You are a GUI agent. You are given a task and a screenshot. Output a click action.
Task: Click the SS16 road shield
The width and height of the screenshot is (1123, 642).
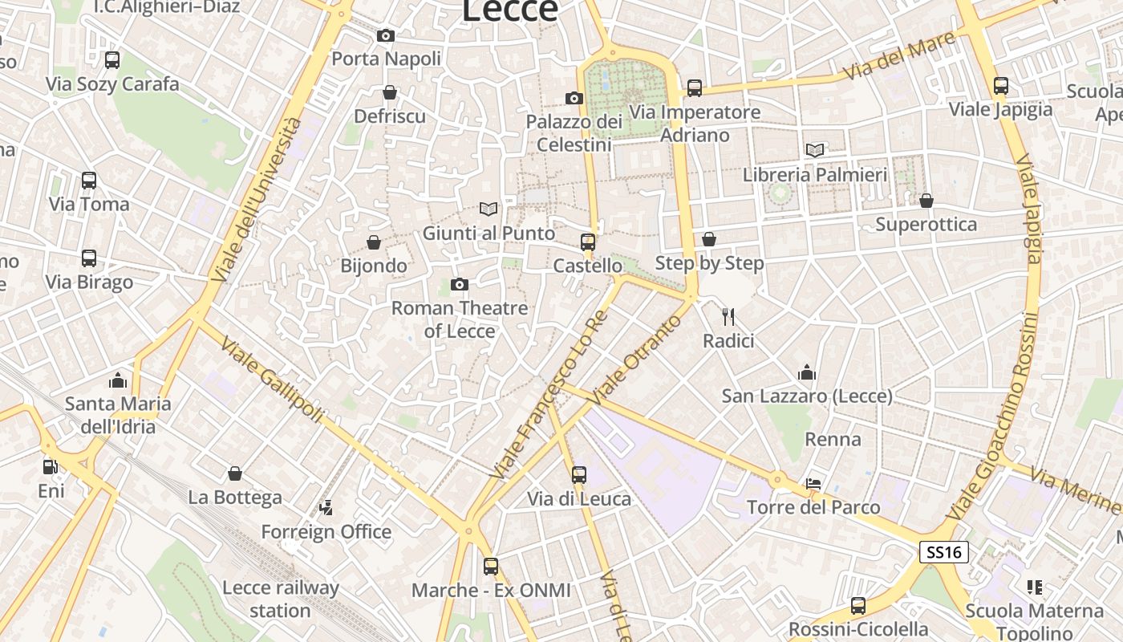pos(943,552)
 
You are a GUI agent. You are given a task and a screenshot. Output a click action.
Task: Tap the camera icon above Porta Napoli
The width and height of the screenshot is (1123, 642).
pos(386,35)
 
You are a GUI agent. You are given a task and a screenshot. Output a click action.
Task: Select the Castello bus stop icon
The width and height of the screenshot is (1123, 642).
pos(588,242)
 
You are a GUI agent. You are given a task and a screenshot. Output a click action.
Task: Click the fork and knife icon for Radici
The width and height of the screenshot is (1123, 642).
pos(728,317)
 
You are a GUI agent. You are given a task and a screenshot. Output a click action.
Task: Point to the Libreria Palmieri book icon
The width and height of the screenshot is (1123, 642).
pos(815,150)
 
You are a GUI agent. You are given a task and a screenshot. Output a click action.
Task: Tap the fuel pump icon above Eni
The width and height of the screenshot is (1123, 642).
pos(50,466)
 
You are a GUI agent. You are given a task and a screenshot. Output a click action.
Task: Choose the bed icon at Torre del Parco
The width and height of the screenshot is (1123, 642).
pos(813,483)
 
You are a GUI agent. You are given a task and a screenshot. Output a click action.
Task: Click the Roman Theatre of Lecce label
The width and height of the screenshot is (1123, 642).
pos(460,319)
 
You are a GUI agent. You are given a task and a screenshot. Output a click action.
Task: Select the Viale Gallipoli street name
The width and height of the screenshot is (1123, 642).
pos(273,380)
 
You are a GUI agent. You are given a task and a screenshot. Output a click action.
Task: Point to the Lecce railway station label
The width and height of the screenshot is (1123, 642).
pos(280,599)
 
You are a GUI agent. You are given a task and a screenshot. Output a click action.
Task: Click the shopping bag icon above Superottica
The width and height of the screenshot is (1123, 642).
pos(926,201)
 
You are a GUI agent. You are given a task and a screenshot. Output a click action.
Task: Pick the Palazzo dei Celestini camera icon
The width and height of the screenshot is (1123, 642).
pos(574,98)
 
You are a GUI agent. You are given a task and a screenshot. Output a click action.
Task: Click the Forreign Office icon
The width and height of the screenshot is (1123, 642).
pos(326,507)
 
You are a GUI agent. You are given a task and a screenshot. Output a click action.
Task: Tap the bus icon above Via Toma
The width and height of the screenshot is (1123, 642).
pos(89,181)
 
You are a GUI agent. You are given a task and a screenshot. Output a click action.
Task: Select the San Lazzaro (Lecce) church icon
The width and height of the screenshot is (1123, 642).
pos(807,372)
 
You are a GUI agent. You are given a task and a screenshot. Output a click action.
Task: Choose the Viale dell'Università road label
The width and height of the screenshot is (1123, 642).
pos(257,200)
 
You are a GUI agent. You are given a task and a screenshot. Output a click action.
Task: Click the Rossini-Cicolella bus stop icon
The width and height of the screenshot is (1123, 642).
pos(858,606)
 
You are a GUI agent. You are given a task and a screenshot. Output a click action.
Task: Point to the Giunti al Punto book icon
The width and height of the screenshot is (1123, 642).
pos(489,209)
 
